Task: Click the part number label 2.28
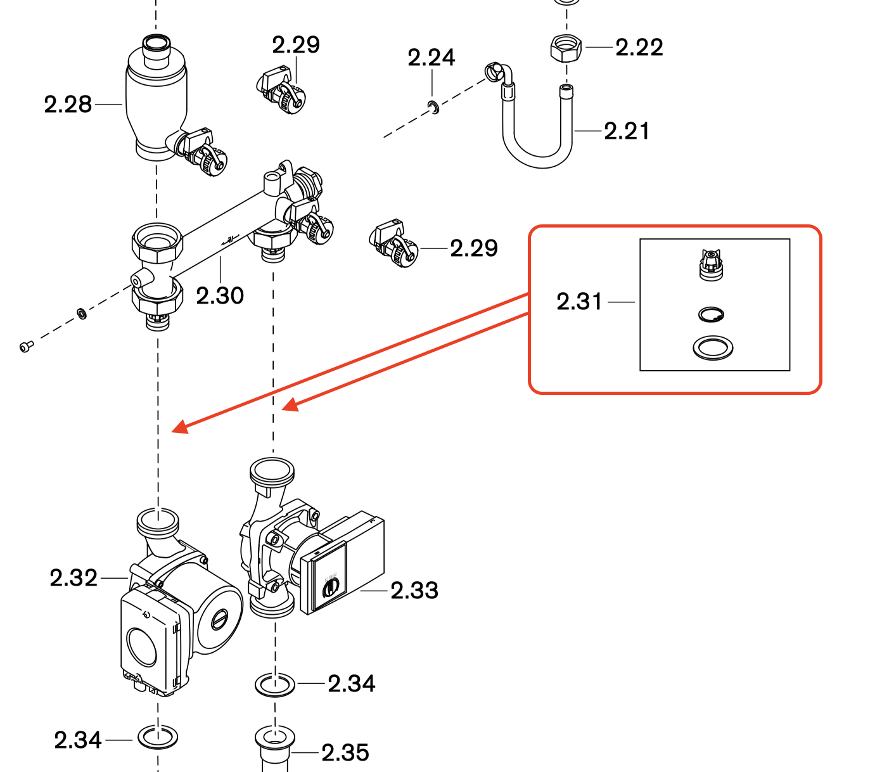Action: click(68, 105)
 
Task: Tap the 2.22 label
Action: click(639, 48)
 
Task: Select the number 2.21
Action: click(627, 131)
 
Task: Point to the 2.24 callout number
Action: click(431, 58)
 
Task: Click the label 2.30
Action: click(220, 295)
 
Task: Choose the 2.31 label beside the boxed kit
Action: click(579, 302)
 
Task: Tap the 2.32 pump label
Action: click(73, 578)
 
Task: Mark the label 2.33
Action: click(414, 591)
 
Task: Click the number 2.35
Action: click(345, 753)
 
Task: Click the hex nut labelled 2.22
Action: click(565, 48)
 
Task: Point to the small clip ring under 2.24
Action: click(433, 106)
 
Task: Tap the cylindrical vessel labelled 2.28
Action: click(157, 101)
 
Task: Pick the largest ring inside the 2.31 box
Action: click(713, 347)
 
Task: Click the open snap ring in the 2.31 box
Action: click(711, 314)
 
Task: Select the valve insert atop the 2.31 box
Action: click(712, 264)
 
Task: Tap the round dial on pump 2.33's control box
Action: click(330, 589)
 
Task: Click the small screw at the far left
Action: click(25, 346)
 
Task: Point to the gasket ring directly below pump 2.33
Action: click(275, 685)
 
